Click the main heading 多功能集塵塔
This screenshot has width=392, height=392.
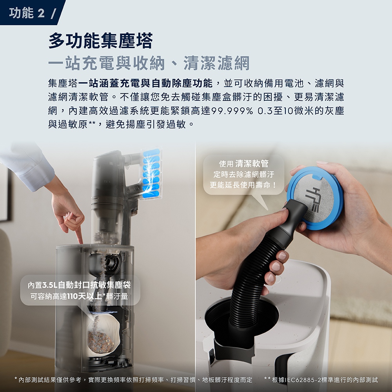100,41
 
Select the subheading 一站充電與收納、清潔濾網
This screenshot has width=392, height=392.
149,63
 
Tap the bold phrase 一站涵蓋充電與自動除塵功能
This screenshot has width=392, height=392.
145,83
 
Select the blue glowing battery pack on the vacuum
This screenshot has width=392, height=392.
151,174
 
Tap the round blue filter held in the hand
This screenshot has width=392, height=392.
315,198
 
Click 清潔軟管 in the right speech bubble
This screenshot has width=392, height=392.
252,163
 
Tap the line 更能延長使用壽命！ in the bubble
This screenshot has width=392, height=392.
244,185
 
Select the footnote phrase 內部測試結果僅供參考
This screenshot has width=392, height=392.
50,380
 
